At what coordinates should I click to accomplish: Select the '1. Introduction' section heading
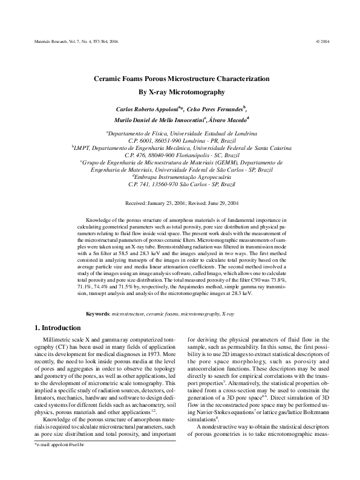[x=56, y=328]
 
